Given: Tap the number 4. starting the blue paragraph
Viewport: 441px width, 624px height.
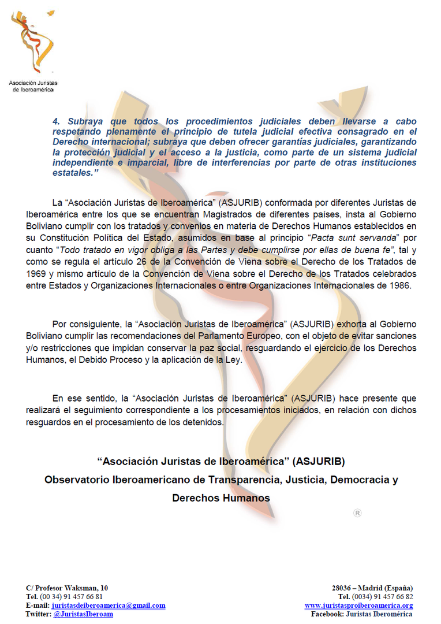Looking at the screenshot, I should [x=56, y=122].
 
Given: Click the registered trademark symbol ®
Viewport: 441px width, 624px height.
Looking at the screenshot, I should [x=357, y=512].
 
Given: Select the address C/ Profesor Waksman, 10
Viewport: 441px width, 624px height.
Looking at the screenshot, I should [x=66, y=588].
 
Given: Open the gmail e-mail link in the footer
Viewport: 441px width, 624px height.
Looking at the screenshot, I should [x=109, y=606].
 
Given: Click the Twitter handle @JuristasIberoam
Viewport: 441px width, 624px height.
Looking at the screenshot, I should [x=83, y=614].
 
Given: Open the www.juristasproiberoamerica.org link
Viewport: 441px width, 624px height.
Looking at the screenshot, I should [x=358, y=606].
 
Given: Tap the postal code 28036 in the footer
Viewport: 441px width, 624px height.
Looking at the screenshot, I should [x=342, y=588].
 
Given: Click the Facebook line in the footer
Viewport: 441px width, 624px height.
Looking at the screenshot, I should [x=362, y=614].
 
